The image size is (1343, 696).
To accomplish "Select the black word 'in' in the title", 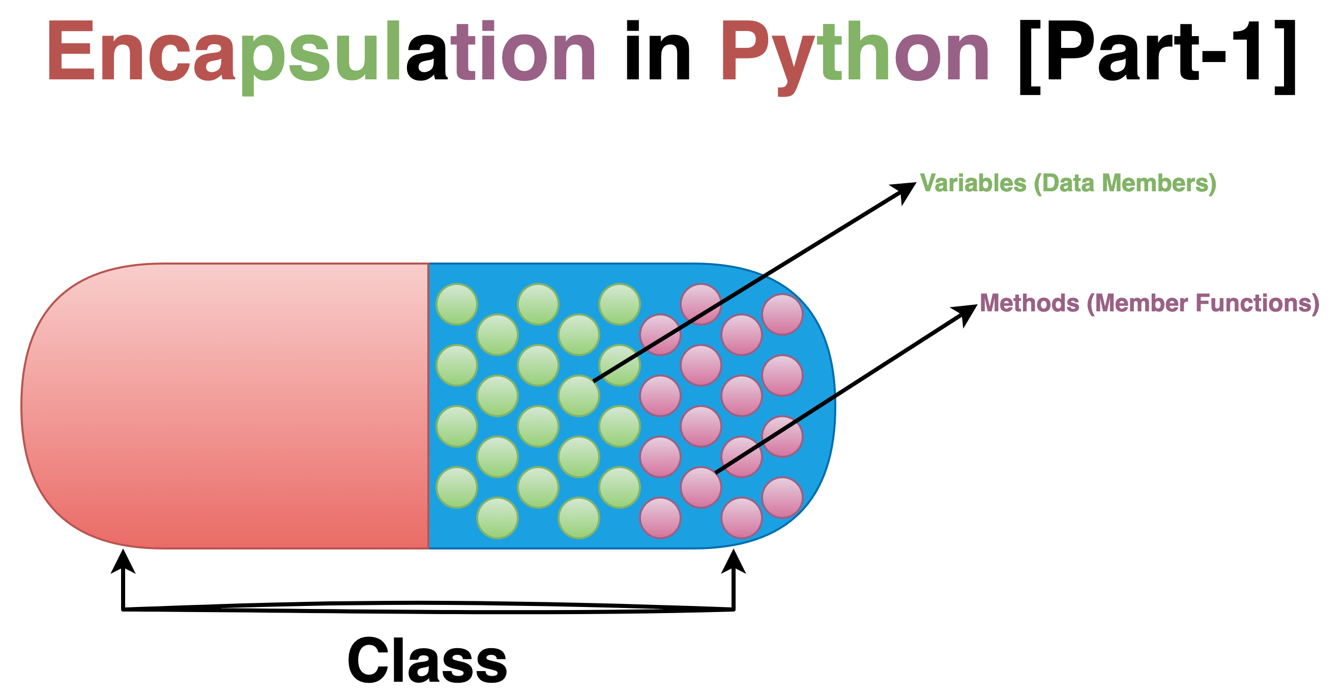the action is click(x=657, y=52).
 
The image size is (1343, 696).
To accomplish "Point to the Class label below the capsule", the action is click(x=427, y=660).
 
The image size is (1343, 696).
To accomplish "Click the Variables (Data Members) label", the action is click(x=1068, y=184).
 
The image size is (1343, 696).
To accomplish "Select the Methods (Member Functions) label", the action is click(x=1149, y=303).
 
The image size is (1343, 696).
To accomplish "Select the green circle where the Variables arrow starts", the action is click(x=579, y=396).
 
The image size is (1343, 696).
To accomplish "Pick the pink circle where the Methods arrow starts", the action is click(x=700, y=487).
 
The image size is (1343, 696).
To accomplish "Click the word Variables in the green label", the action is click(x=973, y=184).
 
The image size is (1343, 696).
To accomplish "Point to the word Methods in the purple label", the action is click(x=1029, y=303).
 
